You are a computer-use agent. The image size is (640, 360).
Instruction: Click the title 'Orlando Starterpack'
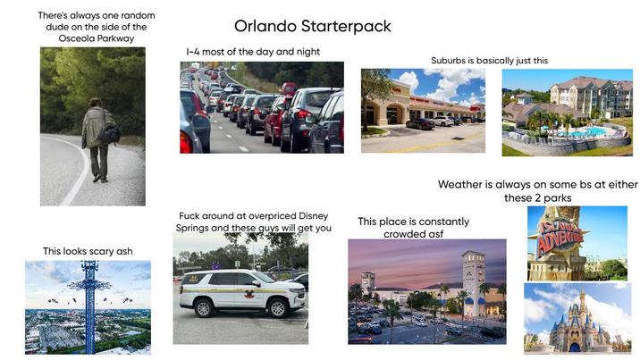[x=312, y=27]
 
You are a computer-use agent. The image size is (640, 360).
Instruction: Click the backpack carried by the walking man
[x=110, y=133]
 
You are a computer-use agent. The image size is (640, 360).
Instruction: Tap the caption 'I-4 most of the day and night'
[x=253, y=52]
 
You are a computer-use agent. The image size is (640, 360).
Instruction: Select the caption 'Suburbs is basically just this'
[x=489, y=61]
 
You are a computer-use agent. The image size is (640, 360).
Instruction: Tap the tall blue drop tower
[x=88, y=299]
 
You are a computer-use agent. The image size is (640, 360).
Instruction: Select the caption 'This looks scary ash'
[x=88, y=251]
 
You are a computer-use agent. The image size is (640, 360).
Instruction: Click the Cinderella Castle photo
[x=577, y=318]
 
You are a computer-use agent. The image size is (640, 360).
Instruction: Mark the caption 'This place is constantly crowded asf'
[x=413, y=227]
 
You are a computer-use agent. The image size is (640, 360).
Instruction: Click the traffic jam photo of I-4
[x=261, y=107]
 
